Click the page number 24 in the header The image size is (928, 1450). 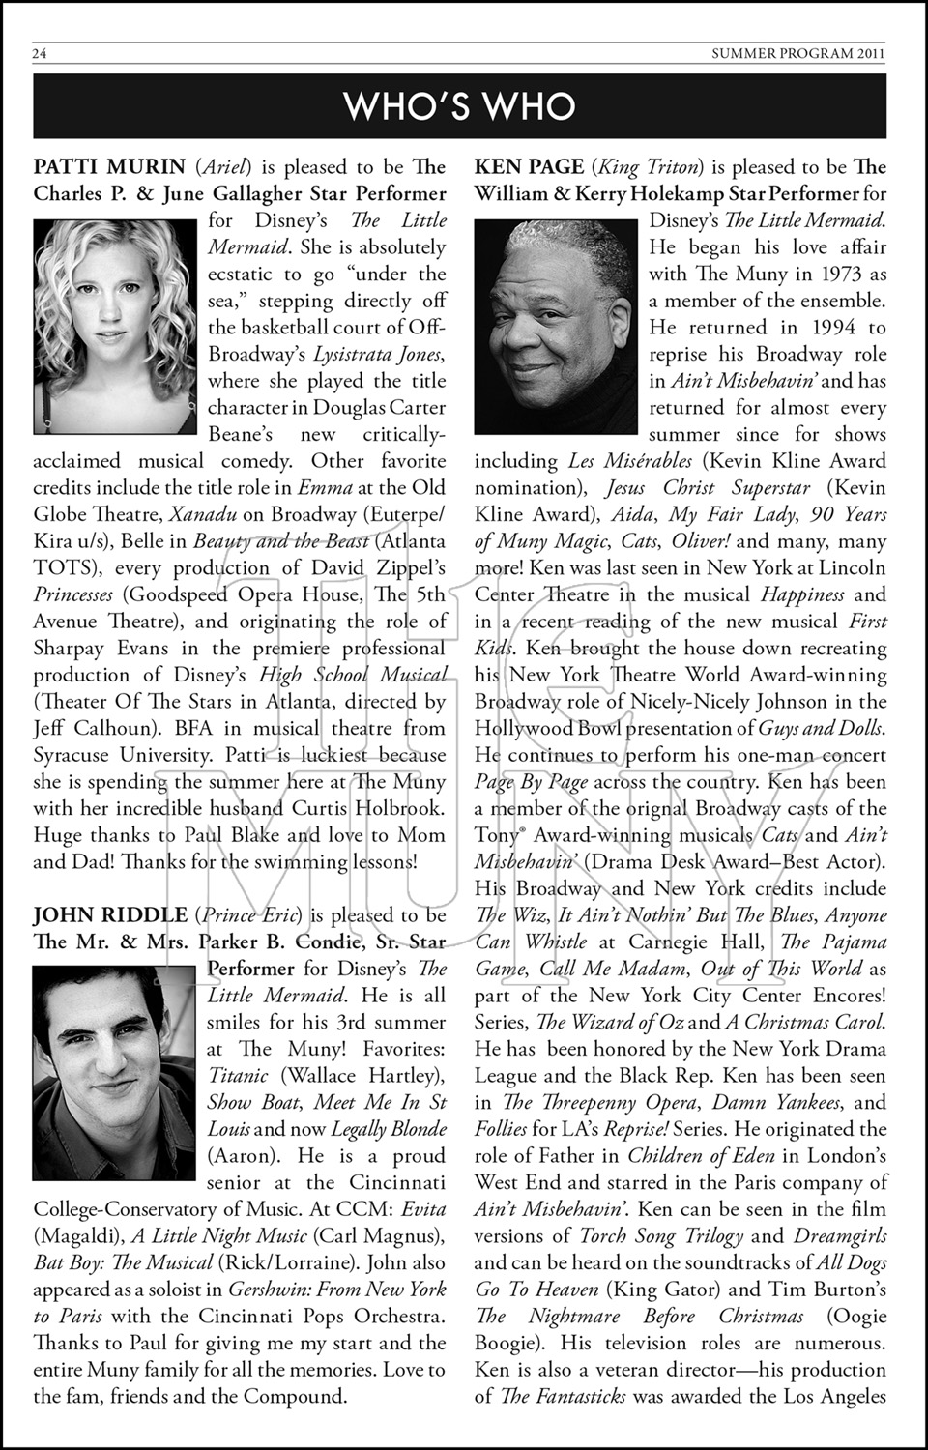tap(41, 54)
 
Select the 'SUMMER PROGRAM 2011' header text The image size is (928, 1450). tap(797, 54)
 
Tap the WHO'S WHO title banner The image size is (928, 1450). tap(460, 106)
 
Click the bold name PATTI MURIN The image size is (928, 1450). tap(109, 167)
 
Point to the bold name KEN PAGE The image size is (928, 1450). tap(529, 167)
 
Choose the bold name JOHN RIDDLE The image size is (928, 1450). tap(110, 914)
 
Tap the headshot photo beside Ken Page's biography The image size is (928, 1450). tap(555, 326)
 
